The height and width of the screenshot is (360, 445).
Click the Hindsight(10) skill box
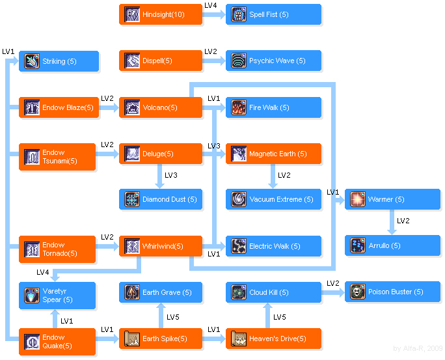pyautogui.click(x=161, y=14)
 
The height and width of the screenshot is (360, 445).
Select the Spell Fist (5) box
pyautogui.click(x=273, y=14)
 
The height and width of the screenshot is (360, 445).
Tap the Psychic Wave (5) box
pyautogui.click(x=273, y=61)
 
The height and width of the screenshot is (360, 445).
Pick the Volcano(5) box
pyautogui.click(x=161, y=107)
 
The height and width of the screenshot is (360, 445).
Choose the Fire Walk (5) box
pyautogui.click(x=273, y=107)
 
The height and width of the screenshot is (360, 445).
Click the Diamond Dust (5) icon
pyautogui.click(x=133, y=200)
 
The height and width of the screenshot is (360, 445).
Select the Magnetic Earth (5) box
pyautogui.click(x=273, y=154)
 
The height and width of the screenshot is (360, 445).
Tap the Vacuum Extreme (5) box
pyautogui.click(x=273, y=200)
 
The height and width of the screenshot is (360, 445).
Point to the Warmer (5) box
pyautogui.click(x=392, y=199)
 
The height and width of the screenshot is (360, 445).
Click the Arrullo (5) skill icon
pyautogui.click(x=358, y=246)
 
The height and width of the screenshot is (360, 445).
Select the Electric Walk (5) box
pyautogui.click(x=273, y=246)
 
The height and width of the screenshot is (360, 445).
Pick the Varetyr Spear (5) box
pyautogui.click(x=57, y=296)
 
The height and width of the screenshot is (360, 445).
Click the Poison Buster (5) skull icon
pyautogui.click(x=358, y=292)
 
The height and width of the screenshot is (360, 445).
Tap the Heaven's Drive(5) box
pyautogui.click(x=273, y=339)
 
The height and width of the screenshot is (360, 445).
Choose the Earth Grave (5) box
pyautogui.click(x=161, y=292)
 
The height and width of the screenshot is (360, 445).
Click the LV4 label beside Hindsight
pyautogui.click(x=211, y=5)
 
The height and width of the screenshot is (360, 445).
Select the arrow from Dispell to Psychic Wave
pyautogui.click(x=214, y=61)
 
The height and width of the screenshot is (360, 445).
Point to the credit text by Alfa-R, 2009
pyautogui.click(x=418, y=349)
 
